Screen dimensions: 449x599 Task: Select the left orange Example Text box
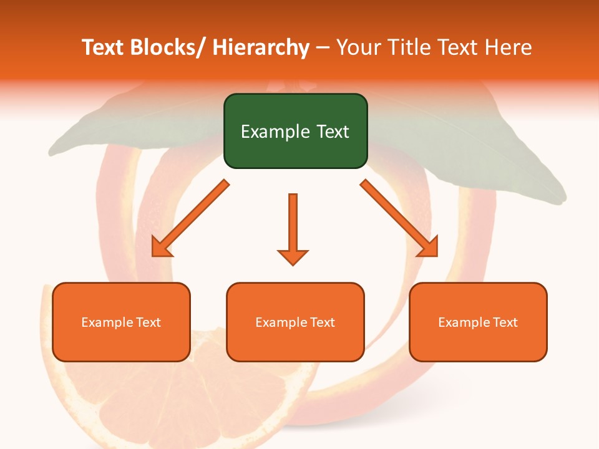(120, 322)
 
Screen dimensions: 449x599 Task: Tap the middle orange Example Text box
(295, 322)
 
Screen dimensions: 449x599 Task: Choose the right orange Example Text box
(478, 322)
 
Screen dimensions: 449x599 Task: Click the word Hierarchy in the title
(261, 47)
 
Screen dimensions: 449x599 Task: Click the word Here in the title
(509, 47)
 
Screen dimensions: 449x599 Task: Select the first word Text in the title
(103, 47)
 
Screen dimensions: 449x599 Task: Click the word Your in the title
(358, 47)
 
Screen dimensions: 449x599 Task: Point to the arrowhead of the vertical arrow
(293, 256)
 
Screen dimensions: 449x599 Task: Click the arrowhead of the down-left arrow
(162, 248)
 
